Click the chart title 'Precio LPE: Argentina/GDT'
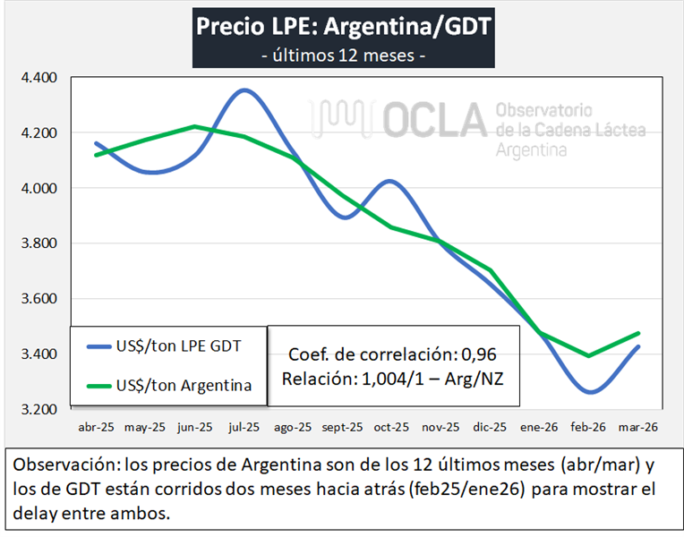coord(343,25)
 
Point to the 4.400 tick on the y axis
coord(38,78)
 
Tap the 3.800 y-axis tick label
coord(38,243)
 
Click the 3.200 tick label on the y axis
coord(38,409)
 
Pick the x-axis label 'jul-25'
coord(244,428)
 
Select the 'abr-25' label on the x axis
coord(96,428)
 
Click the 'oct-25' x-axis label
coord(391,428)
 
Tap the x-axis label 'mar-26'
coord(638,428)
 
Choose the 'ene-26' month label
coord(539,428)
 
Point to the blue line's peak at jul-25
coord(244,89)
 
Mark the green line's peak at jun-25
coord(195,126)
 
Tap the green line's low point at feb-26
coord(589,355)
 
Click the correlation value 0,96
coord(483,353)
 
